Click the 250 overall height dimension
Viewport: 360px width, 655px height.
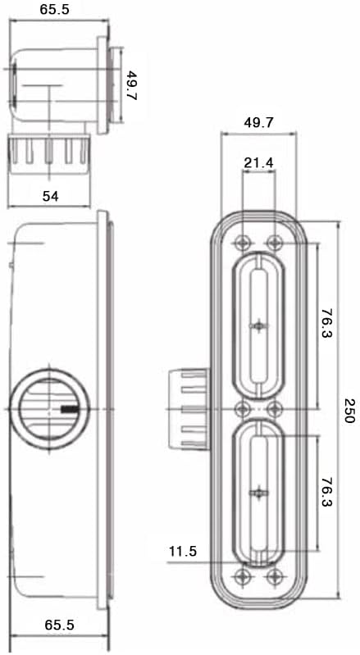pyautogui.click(x=349, y=411)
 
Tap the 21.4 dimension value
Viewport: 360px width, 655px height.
pyautogui.click(x=259, y=163)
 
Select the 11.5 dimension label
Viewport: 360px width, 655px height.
pyautogui.click(x=183, y=552)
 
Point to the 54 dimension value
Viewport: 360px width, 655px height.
pyautogui.click(x=51, y=196)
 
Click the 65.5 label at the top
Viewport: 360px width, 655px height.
pyautogui.click(x=55, y=10)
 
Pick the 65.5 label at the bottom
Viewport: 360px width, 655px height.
pyautogui.click(x=59, y=625)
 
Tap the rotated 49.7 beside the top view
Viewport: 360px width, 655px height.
pyautogui.click(x=131, y=86)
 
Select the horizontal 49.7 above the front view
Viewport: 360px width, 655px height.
pyautogui.click(x=259, y=122)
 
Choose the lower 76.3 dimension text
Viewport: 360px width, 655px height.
pyautogui.click(x=327, y=492)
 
